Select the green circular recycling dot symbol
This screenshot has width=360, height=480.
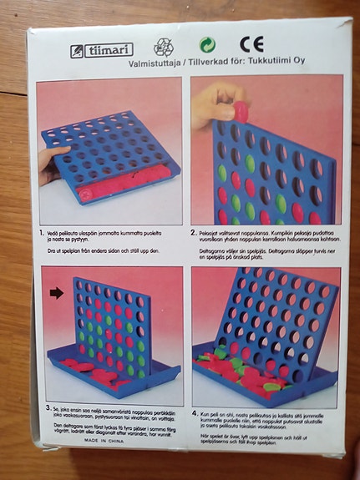[x=207, y=45]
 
